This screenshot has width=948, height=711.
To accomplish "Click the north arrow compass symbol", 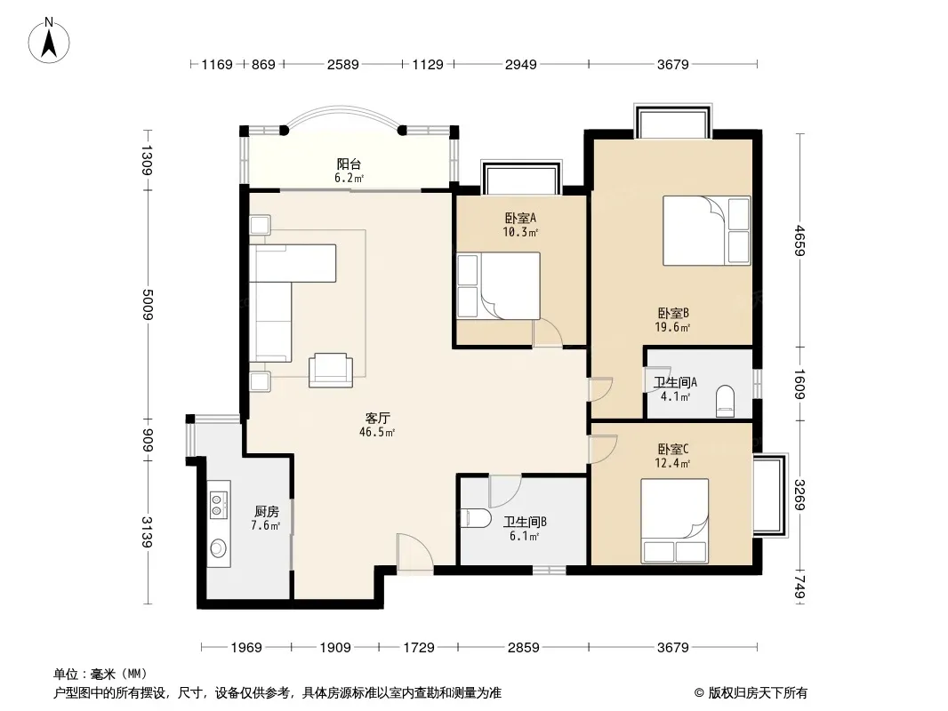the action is point(49,41).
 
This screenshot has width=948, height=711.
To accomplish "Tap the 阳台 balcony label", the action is point(349,164).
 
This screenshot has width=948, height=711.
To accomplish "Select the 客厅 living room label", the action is point(377,418).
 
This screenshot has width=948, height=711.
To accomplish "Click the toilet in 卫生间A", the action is point(724,401).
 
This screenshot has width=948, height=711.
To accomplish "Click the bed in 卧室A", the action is point(498,285).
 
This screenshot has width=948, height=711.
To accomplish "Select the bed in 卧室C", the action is point(675,521).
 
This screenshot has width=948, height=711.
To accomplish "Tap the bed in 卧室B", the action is point(706,230).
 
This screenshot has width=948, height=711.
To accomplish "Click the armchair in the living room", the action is point(330,370).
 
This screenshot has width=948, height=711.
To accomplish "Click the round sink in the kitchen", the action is point(218,547).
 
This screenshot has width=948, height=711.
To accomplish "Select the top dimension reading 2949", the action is point(520,64).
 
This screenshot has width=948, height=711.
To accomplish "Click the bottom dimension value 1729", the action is point(419,648).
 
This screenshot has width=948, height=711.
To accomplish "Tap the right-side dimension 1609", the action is point(799,384).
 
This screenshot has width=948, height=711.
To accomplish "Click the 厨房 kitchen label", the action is point(266,512).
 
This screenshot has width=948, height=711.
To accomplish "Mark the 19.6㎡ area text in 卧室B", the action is point(672,327).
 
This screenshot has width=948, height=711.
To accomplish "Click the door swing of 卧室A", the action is point(548,333).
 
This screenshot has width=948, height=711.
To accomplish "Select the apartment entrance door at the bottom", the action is point(414,552).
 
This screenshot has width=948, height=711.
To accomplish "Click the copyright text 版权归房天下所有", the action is point(758,693).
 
